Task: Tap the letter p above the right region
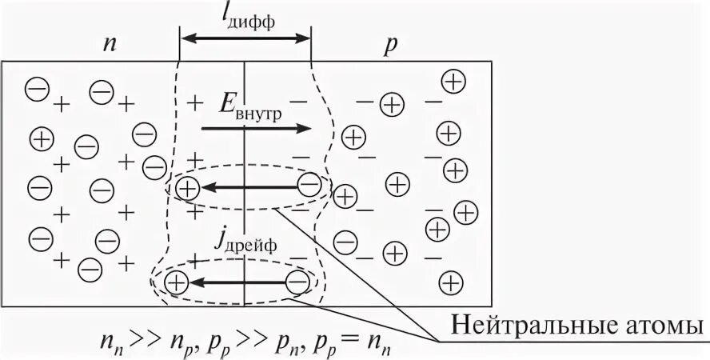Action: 390,45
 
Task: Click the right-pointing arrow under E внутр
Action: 255,128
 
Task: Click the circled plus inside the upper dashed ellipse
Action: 186,188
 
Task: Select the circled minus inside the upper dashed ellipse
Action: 309,187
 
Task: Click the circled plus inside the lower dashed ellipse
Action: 176,282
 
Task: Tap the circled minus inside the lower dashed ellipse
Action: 297,282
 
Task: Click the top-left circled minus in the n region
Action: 37,88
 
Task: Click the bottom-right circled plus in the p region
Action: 452,281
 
